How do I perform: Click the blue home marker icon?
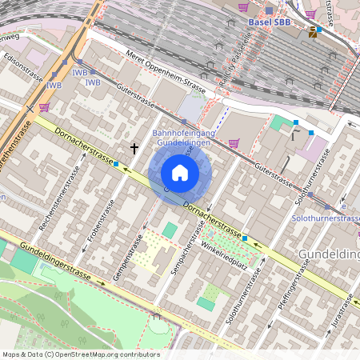(x=180, y=173)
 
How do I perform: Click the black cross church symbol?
(x=134, y=148)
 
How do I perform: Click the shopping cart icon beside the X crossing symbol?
(x=44, y=106)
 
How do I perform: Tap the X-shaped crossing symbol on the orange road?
(x=30, y=107)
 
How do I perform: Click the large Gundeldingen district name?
(x=329, y=254)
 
